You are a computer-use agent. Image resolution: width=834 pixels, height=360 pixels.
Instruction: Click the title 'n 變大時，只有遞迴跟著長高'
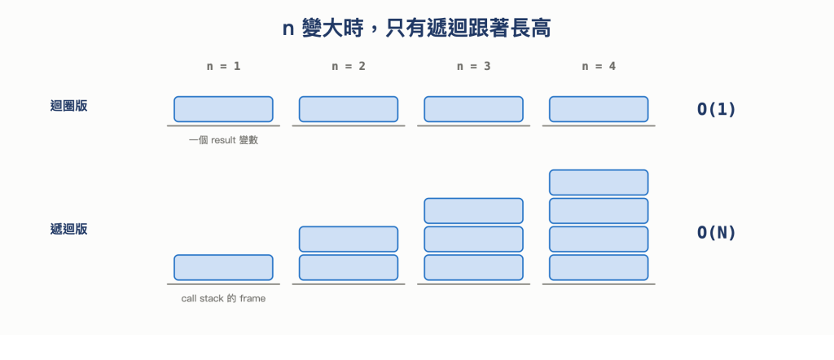point(416,29)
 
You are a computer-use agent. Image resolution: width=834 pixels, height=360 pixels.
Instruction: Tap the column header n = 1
point(223,67)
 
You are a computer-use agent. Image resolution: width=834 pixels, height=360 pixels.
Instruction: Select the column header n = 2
point(349,67)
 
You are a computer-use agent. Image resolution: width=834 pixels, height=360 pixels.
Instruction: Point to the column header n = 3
point(473,67)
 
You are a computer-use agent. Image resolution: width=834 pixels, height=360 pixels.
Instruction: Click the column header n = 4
point(599,67)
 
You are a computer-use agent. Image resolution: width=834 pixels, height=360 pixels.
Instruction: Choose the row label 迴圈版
point(68,106)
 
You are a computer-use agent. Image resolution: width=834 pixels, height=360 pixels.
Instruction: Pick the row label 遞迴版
point(68,229)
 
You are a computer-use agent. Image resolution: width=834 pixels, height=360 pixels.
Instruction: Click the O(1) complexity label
point(716,109)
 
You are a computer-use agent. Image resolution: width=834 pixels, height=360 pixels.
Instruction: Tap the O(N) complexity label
point(716,232)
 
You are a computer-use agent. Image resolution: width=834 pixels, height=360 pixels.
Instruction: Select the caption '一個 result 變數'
point(223,140)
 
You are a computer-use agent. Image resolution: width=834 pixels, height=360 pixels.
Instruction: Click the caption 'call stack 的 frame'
point(223,299)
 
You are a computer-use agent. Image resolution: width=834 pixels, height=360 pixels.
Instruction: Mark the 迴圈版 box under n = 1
point(223,109)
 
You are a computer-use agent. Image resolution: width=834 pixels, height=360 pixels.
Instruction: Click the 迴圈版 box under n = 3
point(473,109)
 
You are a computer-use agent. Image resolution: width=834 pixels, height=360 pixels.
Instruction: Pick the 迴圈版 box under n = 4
point(599,109)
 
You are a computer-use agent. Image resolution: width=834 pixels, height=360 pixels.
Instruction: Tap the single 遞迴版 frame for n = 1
point(223,267)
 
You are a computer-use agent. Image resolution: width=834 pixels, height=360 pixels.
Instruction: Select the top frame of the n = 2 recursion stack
point(349,239)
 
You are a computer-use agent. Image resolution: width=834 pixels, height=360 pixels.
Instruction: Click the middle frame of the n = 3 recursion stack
point(473,239)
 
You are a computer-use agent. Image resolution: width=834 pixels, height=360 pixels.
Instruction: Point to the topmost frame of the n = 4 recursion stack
point(599,182)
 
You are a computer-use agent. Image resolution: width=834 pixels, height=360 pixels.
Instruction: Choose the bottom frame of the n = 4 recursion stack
point(599,267)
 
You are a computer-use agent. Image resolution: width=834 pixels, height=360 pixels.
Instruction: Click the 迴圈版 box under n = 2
point(349,109)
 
